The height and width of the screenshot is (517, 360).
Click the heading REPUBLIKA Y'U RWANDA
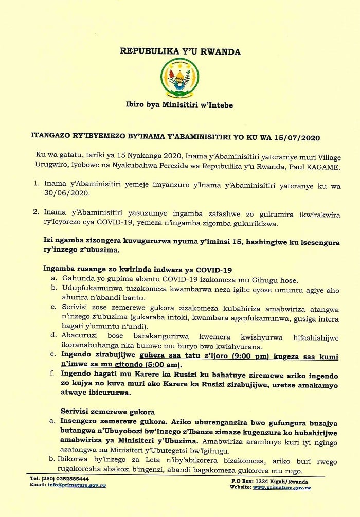[180, 51]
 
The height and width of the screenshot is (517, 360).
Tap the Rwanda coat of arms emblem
[180, 78]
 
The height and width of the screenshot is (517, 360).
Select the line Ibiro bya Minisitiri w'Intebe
[179, 105]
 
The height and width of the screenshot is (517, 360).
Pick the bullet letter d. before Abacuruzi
[53, 335]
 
